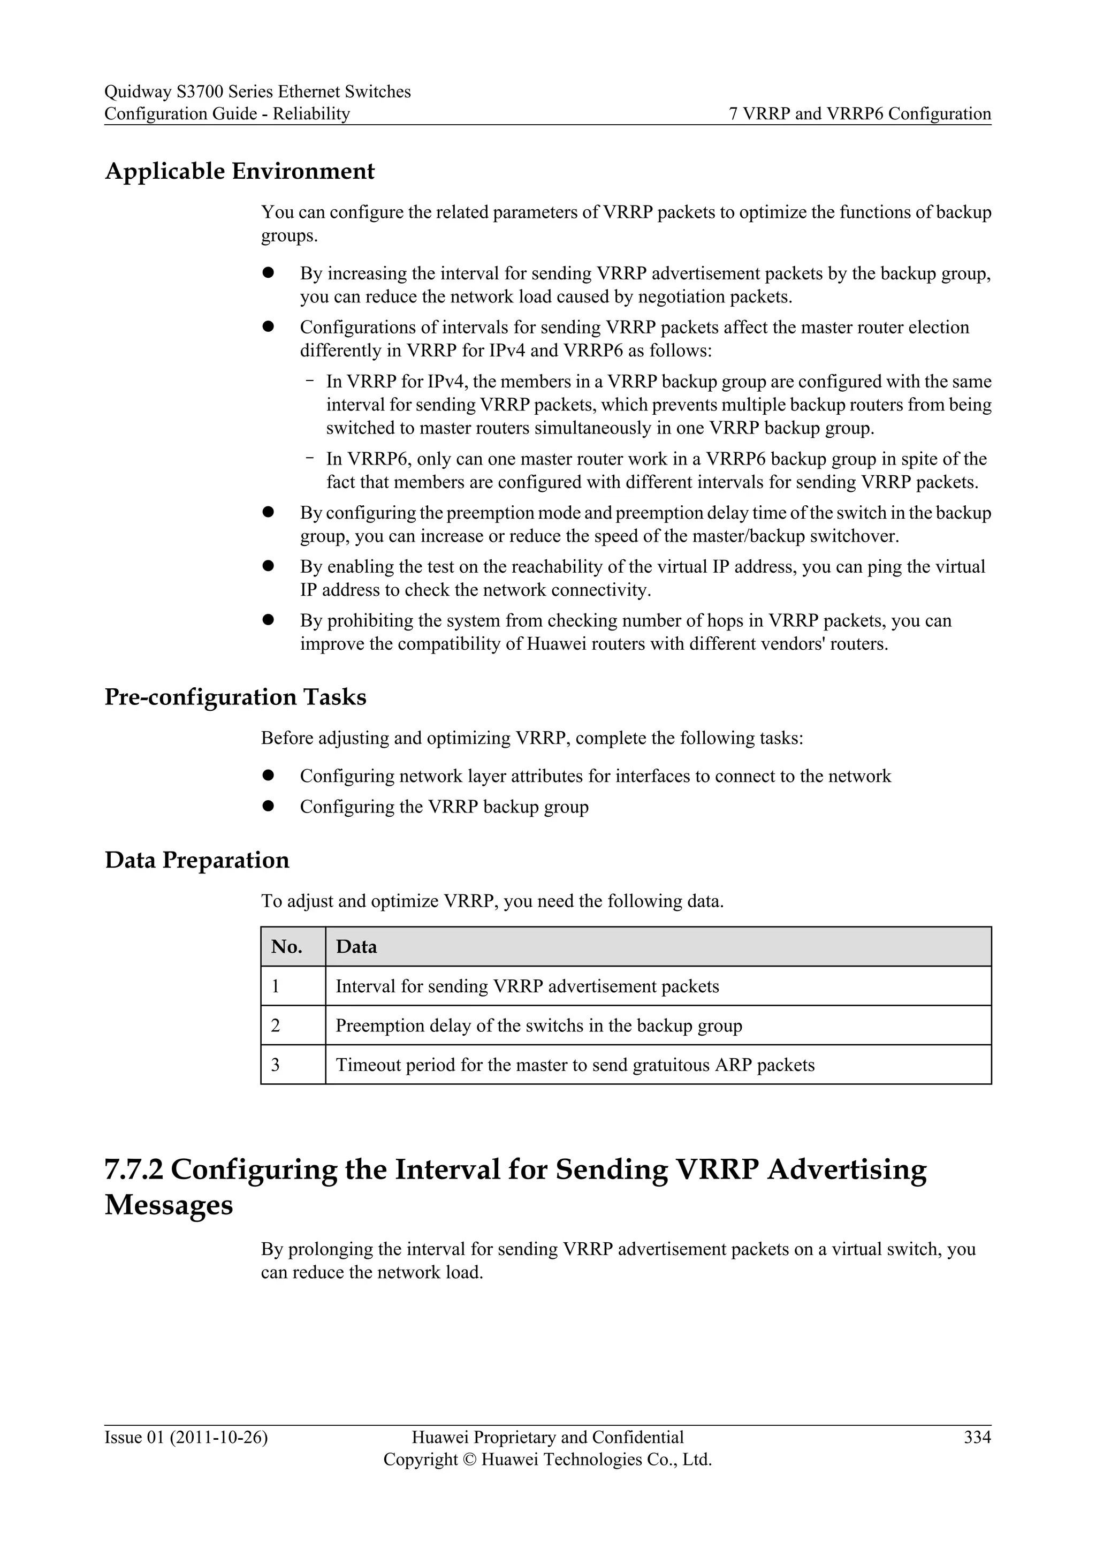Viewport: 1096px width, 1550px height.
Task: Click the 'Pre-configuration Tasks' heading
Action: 235,697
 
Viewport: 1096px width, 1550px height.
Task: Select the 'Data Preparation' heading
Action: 196,860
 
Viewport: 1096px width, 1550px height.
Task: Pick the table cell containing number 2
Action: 276,1025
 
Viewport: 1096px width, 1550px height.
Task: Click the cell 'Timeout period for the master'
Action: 575,1065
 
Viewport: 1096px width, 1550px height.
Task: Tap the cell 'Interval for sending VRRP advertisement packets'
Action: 527,986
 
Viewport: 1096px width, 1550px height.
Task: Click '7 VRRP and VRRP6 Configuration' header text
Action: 860,114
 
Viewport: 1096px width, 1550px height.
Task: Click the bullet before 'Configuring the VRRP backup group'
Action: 268,806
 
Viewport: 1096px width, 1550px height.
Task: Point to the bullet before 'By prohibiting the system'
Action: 268,620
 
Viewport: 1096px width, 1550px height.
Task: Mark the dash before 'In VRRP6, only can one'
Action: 309,458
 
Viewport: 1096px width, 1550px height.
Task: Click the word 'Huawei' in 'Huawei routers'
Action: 556,643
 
